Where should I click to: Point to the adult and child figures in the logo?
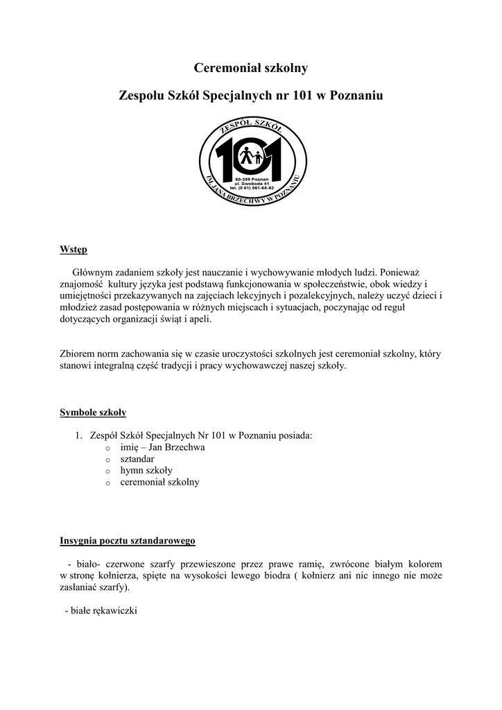251,157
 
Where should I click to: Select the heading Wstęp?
73,249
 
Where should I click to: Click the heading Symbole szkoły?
93,413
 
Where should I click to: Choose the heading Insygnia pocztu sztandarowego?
128,539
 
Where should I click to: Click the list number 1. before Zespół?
79,435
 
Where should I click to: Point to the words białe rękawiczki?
101,612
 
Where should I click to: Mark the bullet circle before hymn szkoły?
107,471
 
